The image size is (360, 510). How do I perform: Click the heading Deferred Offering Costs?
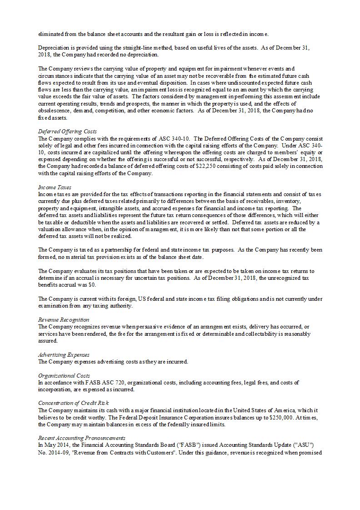tap(67, 131)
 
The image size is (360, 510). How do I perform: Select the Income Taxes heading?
tap(54, 187)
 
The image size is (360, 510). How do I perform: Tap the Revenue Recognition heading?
tap(64, 319)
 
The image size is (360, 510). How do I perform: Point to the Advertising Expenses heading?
tap(64, 354)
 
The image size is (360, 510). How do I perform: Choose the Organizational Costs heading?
tap(64, 375)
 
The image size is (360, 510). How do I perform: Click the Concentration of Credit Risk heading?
tap(73, 403)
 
